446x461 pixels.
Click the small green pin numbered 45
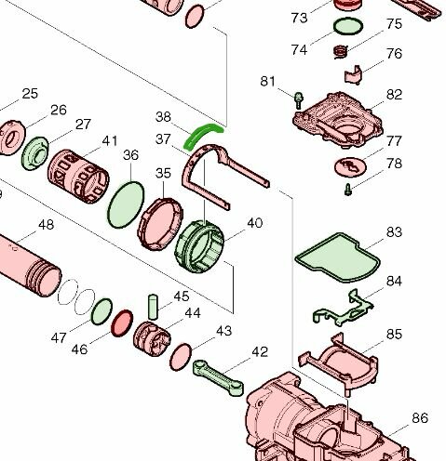point(155,305)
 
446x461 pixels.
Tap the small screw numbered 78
point(345,190)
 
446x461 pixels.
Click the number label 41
point(110,141)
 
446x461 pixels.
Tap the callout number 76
point(394,55)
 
